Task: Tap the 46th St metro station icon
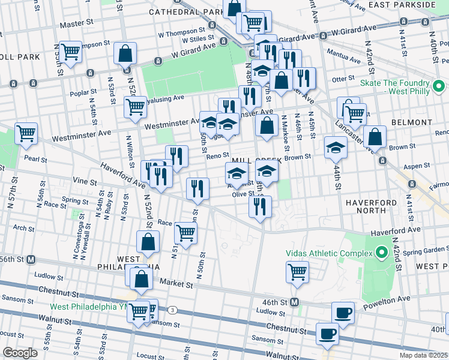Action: [295, 302]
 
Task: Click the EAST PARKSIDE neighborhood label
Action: [411, 4]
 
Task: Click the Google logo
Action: [20, 353]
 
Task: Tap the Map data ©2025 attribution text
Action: [423, 355]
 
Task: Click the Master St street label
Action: [73, 25]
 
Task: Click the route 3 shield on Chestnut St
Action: [173, 310]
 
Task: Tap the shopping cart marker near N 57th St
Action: [26, 133]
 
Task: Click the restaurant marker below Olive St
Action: [260, 206]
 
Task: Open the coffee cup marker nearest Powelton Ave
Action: [343, 312]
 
